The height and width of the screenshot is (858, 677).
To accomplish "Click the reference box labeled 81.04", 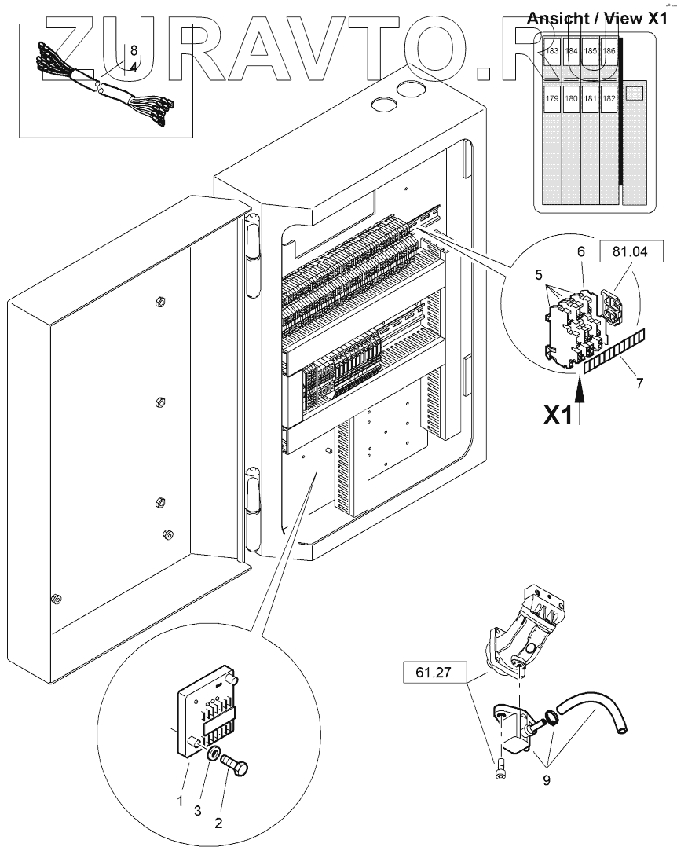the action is tap(631, 251).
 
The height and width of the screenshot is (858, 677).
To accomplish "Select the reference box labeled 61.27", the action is tap(434, 672).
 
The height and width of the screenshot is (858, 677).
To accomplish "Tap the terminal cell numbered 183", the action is tap(552, 51).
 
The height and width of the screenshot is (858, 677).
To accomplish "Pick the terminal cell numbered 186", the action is tap(609, 51).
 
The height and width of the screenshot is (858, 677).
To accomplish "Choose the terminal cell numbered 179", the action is tap(552, 99).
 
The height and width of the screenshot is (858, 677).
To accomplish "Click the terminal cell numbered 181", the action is tap(590, 99).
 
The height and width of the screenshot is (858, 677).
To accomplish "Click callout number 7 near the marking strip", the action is tap(639, 383).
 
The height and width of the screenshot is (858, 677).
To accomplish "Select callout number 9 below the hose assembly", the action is tap(547, 779).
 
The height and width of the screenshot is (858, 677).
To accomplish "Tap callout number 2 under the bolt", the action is tap(219, 823).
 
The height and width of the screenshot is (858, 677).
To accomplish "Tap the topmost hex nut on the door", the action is tap(160, 301).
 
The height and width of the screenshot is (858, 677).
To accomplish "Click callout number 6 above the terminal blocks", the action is tap(581, 251).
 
